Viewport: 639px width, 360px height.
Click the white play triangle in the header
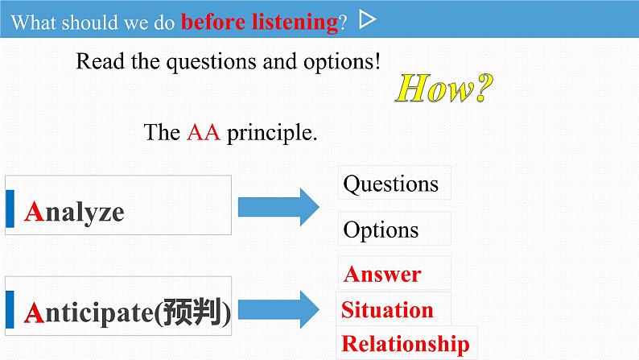pos(367,19)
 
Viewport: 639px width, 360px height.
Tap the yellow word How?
pos(444,88)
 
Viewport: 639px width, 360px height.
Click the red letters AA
pos(204,133)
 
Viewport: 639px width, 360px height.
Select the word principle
pos(272,134)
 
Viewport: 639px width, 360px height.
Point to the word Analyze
pos(74,213)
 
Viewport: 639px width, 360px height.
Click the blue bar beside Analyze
pos(10,209)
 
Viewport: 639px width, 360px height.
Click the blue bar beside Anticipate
pos(10,309)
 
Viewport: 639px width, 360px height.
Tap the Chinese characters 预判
pos(193,312)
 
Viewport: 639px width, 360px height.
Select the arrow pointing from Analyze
pos(278,207)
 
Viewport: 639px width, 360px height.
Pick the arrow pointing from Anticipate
pos(278,309)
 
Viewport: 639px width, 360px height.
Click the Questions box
pos(394,183)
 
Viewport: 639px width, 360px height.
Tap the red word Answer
pos(382,274)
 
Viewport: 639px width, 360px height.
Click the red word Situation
pos(387,310)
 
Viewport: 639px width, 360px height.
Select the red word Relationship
pos(406,345)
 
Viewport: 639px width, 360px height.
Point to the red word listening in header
pos(295,22)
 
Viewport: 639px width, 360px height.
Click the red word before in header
pos(213,22)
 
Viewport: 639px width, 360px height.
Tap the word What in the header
pos(34,23)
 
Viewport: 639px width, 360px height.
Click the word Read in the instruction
pos(101,61)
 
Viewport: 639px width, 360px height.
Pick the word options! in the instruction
pos(342,62)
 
